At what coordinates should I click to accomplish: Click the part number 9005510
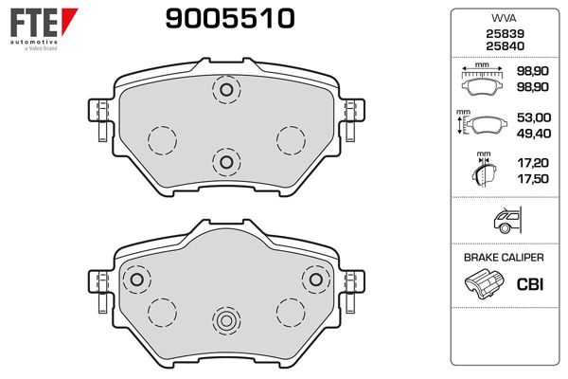230,19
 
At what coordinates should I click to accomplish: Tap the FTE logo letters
34,23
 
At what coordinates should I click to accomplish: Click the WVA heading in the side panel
504,18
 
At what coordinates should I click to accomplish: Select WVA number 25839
505,34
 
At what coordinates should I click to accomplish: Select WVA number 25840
505,46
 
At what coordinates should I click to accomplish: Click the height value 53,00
534,117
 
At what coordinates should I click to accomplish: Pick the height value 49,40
534,134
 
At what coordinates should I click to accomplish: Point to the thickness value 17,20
533,163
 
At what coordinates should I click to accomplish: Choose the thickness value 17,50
533,179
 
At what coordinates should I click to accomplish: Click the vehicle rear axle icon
507,220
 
